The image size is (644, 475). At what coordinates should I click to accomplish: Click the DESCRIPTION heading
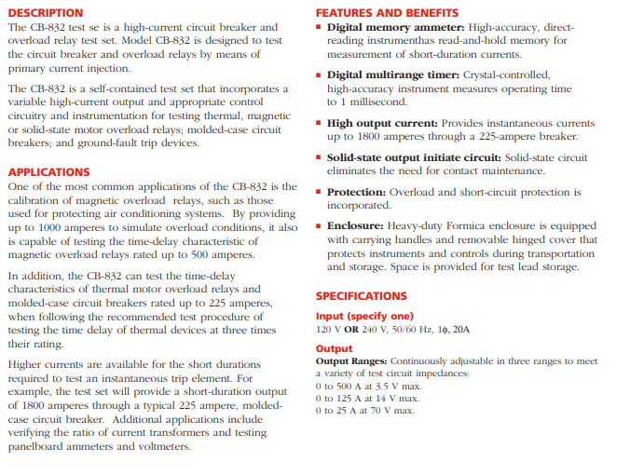pyautogui.click(x=45, y=13)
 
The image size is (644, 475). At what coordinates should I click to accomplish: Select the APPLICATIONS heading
pyautogui.click(x=48, y=172)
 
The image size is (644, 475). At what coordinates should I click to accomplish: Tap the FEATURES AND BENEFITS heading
pyautogui.click(x=387, y=13)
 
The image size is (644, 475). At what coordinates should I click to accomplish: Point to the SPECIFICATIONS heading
pyautogui.click(x=361, y=296)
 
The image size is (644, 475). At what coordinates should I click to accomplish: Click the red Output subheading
pyautogui.click(x=334, y=349)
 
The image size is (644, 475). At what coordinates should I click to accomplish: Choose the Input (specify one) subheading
pyautogui.click(x=363, y=317)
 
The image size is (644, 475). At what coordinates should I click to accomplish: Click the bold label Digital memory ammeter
pyautogui.click(x=395, y=27)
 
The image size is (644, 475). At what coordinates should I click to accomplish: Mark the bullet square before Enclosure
pyautogui.click(x=319, y=225)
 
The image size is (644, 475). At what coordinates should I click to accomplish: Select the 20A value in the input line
pyautogui.click(x=461, y=330)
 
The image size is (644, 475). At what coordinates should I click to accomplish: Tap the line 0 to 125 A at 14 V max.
pyautogui.click(x=368, y=398)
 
